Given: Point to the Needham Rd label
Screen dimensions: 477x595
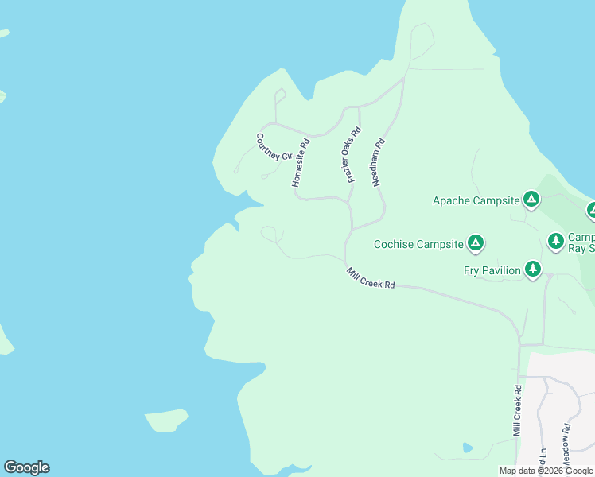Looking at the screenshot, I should pos(379,163).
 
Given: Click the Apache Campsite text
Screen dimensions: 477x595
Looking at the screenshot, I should pos(476,200).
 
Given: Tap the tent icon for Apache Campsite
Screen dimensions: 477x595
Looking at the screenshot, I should pos(531,200).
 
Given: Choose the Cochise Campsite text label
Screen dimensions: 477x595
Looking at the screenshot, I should pos(418,244).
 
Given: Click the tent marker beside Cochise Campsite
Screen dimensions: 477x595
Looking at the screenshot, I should pos(475,243).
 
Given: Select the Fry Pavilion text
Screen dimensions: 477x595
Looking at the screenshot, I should pos(492,270).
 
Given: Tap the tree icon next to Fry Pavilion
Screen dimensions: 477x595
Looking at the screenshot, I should pos(532,270).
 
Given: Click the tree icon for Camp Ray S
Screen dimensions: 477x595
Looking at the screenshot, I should pos(555,240).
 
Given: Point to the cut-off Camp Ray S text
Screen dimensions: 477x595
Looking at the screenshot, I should pos(581,243).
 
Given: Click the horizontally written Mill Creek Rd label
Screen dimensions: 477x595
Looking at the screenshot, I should pos(371,279).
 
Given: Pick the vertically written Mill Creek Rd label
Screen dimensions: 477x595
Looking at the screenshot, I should pos(517,411).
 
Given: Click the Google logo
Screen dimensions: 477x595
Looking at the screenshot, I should pos(26,467).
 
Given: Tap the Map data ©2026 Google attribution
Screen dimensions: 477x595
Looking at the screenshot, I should pos(546,471).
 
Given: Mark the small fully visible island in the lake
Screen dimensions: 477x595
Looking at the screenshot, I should pos(166,420).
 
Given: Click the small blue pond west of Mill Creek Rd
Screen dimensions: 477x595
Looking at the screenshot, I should pos(467,448).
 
